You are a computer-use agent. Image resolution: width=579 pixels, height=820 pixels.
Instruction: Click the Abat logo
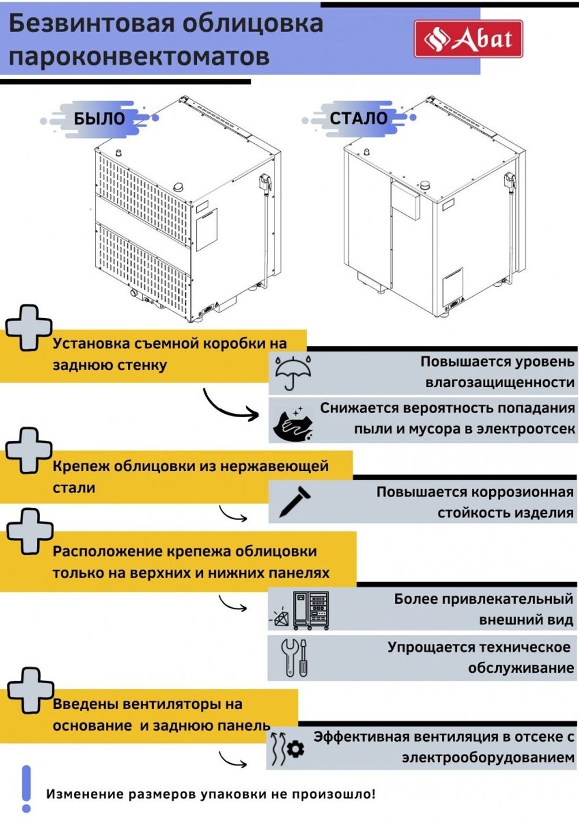tap(468, 39)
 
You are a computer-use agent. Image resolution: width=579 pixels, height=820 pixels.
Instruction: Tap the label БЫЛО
tap(99, 119)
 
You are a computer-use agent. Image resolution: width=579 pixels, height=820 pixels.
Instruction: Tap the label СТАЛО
tap(358, 118)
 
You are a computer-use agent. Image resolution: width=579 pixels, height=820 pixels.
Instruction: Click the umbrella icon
tap(293, 373)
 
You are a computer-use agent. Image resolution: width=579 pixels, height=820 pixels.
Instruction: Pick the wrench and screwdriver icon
tap(294, 658)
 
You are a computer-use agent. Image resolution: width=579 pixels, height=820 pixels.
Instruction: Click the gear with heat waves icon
tap(288, 748)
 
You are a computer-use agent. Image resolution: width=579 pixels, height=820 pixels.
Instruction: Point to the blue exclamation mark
tap(26, 788)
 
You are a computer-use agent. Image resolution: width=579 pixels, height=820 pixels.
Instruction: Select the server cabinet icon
tap(310, 610)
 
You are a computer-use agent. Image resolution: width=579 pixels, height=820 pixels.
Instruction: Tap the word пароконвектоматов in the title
tap(139, 57)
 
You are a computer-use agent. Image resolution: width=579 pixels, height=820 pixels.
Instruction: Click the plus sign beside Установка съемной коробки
tap(28, 327)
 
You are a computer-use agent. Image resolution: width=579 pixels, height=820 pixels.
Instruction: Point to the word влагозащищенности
tap(500, 382)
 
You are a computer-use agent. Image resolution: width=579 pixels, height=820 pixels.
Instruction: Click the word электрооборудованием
tap(488, 757)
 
